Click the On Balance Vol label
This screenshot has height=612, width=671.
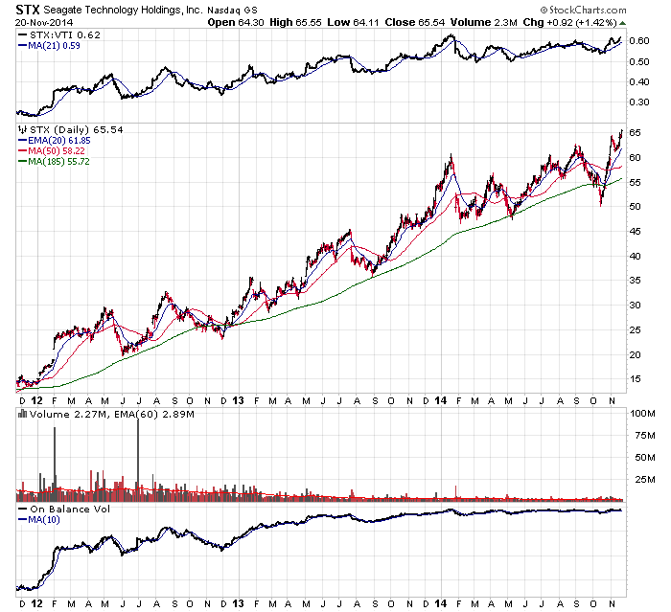click(63, 509)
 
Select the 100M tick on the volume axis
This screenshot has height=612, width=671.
click(639, 414)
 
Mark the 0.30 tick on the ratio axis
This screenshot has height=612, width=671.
click(637, 80)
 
